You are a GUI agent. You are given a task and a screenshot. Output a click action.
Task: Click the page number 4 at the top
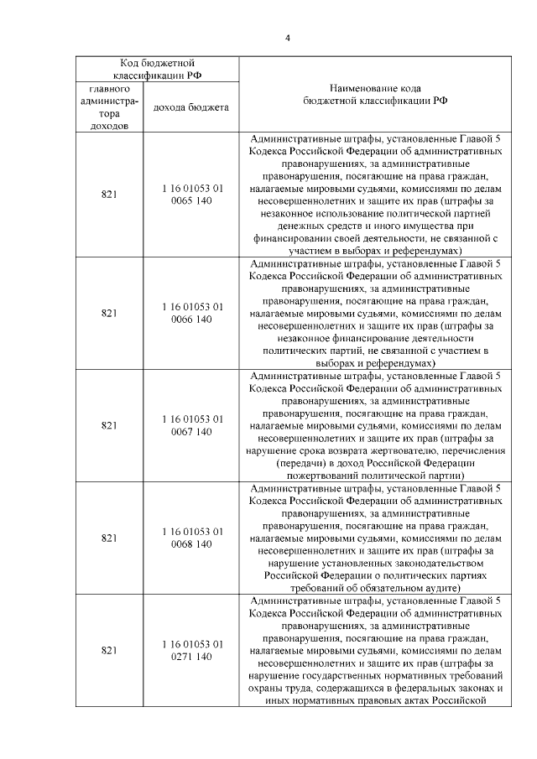pyautogui.click(x=287, y=38)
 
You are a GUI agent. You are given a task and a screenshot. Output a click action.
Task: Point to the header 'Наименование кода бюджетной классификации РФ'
pyautogui.click(x=375, y=93)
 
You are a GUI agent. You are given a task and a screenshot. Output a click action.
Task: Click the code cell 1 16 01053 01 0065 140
pyautogui.click(x=192, y=195)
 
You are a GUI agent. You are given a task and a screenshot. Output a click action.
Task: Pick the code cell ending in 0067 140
pyautogui.click(x=192, y=425)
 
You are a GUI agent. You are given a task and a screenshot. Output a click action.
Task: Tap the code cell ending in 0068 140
pyautogui.click(x=192, y=538)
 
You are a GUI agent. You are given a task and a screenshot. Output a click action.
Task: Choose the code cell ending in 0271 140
pyautogui.click(x=192, y=650)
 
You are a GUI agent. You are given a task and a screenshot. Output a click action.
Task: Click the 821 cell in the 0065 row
pyautogui.click(x=108, y=195)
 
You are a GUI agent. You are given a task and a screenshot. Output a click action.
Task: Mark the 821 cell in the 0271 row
pyautogui.click(x=108, y=650)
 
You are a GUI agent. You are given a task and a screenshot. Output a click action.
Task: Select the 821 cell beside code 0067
pyautogui.click(x=108, y=425)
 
